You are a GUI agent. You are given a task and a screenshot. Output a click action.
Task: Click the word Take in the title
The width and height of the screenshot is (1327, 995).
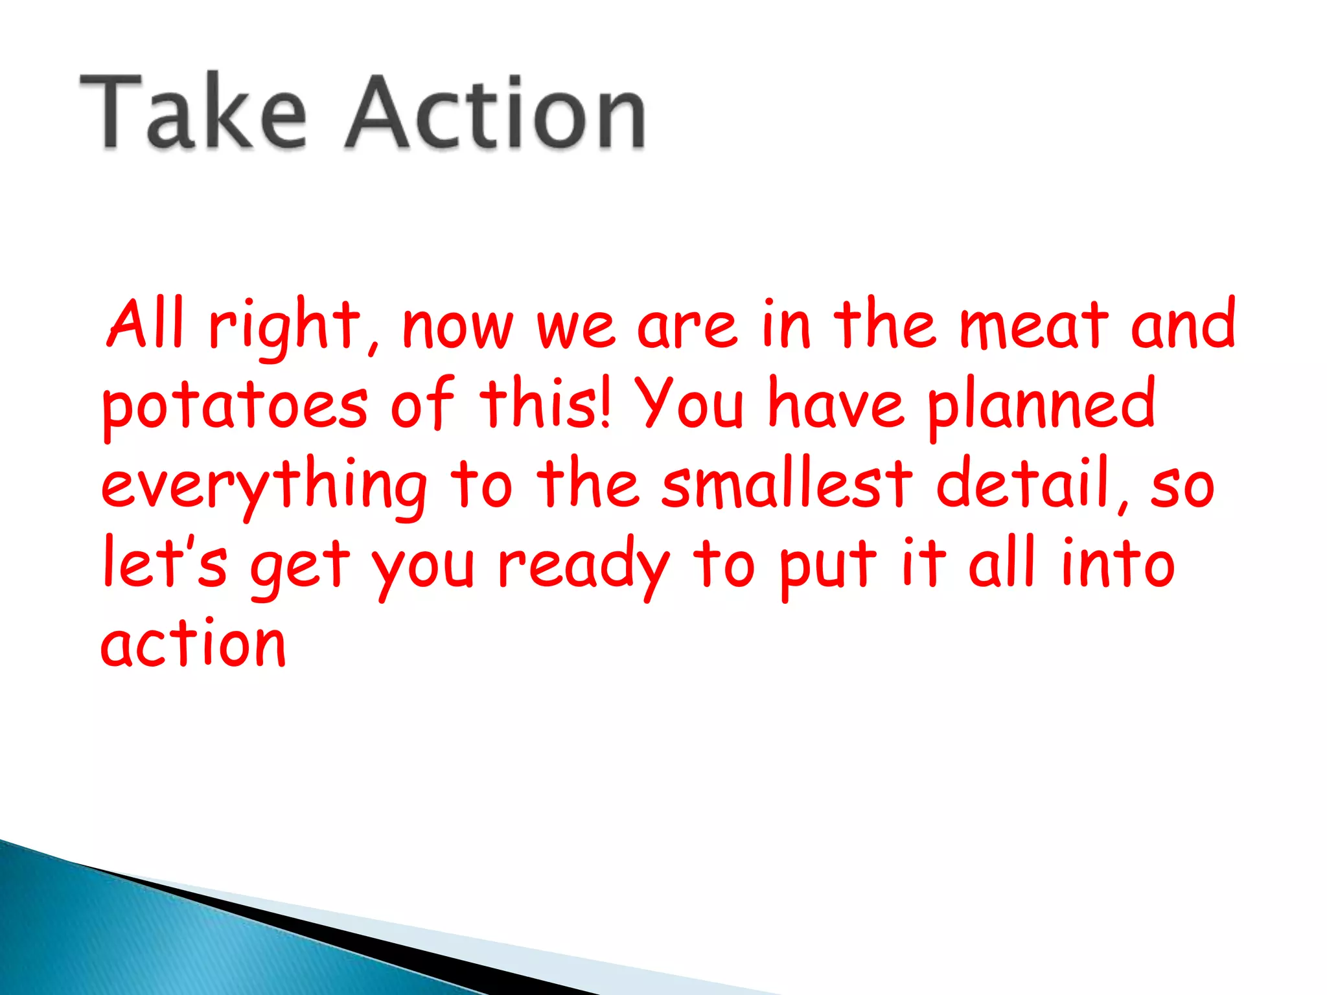[x=192, y=111]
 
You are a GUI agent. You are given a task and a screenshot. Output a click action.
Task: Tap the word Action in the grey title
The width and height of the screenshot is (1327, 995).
[x=495, y=111]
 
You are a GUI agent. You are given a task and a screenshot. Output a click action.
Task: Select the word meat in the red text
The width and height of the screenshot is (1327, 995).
[x=1034, y=325]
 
